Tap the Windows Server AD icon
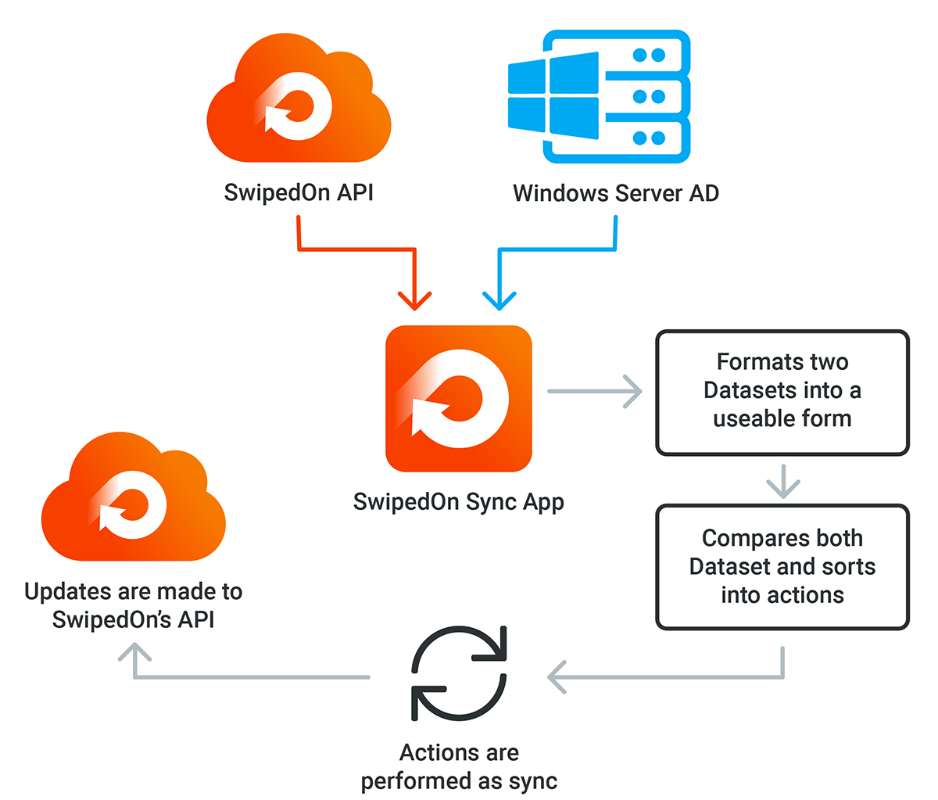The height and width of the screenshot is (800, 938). tap(599, 96)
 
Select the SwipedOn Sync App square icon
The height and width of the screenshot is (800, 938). tap(459, 398)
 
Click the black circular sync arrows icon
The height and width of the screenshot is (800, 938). tap(459, 673)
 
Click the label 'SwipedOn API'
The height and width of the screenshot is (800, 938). tap(299, 192)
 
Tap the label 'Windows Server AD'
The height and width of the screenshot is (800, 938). tap(616, 193)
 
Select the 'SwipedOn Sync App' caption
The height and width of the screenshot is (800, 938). tap(459, 501)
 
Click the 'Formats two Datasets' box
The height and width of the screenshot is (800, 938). tap(782, 392)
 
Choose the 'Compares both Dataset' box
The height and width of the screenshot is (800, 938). tap(782, 567)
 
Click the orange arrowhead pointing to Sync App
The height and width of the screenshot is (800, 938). tap(415, 300)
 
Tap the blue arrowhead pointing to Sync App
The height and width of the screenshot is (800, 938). tap(499, 300)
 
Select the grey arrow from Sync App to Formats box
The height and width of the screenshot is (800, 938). tap(594, 390)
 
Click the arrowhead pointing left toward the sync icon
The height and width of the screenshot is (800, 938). tap(557, 677)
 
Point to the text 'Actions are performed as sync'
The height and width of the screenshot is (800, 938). tap(459, 766)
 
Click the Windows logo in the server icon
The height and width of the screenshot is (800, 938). tap(553, 96)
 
